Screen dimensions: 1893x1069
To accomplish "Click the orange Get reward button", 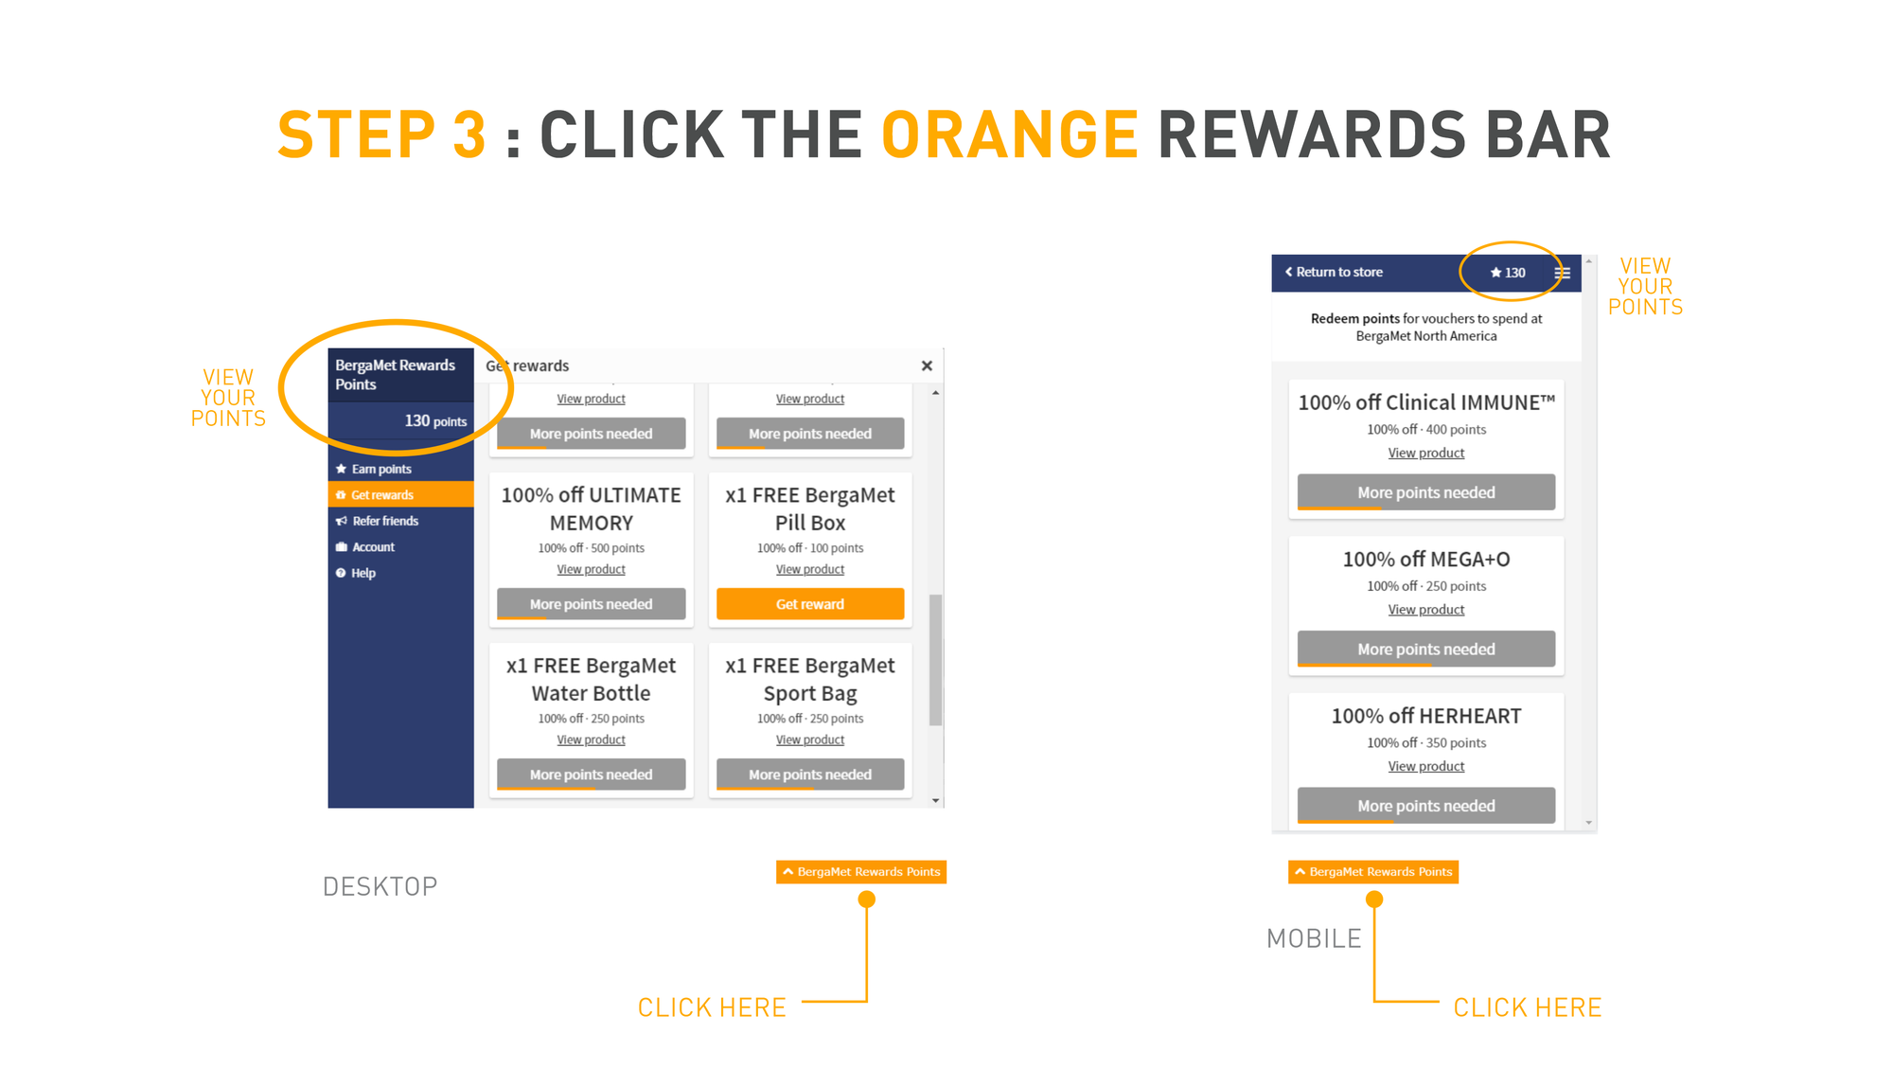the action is (810, 604).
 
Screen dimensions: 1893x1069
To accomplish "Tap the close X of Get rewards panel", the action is (927, 365).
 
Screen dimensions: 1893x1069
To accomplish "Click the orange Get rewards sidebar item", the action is (400, 494).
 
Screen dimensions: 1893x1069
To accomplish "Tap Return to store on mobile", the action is (1334, 272).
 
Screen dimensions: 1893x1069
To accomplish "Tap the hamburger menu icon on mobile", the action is (1562, 273).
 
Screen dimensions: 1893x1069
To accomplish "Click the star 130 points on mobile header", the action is (1508, 273).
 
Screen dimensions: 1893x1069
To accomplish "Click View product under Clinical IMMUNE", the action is (1426, 453).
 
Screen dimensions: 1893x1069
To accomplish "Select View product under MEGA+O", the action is (1426, 610).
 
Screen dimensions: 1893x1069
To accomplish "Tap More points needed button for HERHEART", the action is (1426, 806).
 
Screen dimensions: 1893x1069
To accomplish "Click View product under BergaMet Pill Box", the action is (810, 569).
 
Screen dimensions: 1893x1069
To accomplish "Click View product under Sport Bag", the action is (810, 739).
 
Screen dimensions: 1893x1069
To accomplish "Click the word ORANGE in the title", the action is (1010, 134).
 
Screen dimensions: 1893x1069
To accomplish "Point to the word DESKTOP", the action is (380, 886).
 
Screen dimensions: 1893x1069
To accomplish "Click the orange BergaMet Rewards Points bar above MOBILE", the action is (1373, 871).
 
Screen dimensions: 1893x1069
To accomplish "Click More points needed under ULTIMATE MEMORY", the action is (592, 604).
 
